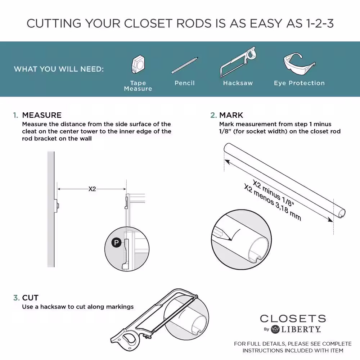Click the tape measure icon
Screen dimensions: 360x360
[x=138, y=65]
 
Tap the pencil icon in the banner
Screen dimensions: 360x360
[x=185, y=65]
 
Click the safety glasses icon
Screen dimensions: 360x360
[x=298, y=64]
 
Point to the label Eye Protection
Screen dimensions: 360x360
[x=299, y=83]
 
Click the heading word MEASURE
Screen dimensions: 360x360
[x=42, y=115]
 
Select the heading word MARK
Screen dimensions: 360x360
[x=231, y=115]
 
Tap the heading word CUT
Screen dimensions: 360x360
[x=30, y=298]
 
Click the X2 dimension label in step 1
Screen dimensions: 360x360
[x=93, y=188]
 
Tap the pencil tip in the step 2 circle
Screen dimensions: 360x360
[x=225, y=238]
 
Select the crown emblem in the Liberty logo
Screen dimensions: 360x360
[x=275, y=329]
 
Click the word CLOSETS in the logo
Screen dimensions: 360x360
[x=293, y=319]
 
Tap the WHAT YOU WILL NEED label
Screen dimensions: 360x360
[x=59, y=69]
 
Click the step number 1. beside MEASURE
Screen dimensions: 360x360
[x=15, y=115]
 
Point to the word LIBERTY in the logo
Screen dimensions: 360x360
[x=301, y=329]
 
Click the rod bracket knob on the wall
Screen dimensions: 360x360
[x=57, y=205]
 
